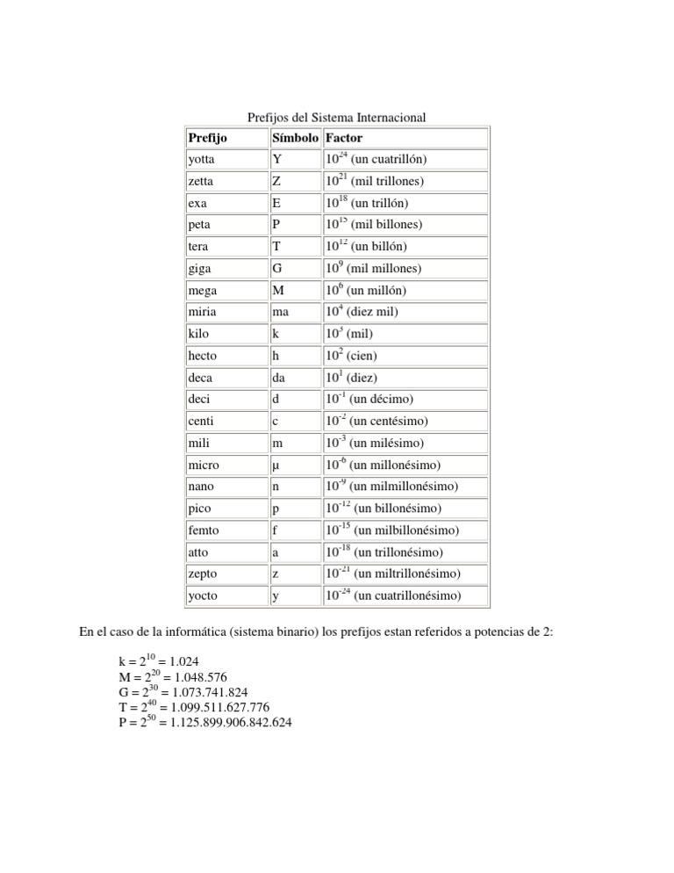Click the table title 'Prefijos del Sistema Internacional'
[336, 117]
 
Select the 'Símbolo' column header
[295, 138]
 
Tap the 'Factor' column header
[343, 138]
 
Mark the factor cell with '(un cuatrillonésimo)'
[392, 596]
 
